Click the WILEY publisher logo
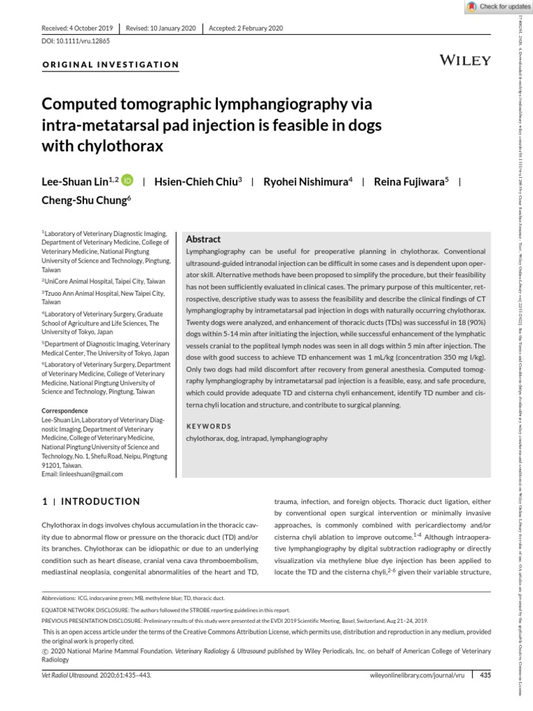(465, 60)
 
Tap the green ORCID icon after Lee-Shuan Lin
(128, 181)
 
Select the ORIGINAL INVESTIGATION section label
(111, 65)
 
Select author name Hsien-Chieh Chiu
(196, 181)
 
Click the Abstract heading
(203, 238)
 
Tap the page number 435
(485, 674)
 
